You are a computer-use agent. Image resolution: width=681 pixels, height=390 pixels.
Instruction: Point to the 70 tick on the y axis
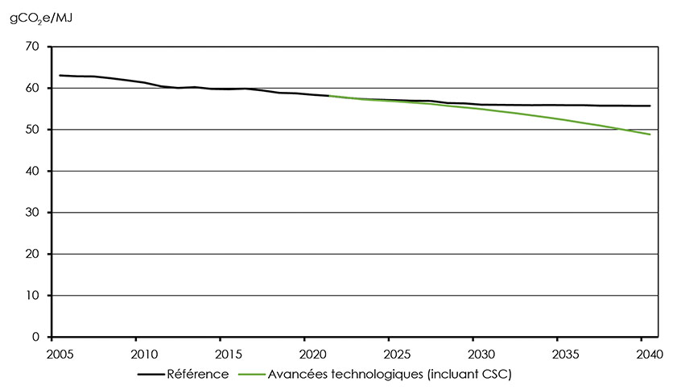[x=32, y=47]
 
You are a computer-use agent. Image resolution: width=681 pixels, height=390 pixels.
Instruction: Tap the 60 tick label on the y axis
[x=32, y=89]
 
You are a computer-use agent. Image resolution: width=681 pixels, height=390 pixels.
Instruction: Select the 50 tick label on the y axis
[x=32, y=130]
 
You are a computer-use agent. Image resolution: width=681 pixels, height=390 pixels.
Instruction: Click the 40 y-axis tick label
[x=32, y=172]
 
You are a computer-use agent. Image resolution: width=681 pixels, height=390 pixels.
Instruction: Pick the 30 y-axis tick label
[x=32, y=213]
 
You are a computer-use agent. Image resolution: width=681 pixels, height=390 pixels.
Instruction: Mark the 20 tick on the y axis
[x=32, y=255]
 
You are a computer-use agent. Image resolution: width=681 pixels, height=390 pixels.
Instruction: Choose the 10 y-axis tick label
[x=32, y=296]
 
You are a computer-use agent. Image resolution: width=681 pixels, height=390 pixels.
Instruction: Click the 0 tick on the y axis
[x=35, y=337]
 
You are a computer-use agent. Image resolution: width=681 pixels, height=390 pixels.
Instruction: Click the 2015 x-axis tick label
[x=228, y=355]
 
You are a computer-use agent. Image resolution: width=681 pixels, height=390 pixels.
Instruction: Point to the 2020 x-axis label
[x=312, y=355]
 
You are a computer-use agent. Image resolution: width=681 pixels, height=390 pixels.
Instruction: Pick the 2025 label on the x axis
[x=396, y=355]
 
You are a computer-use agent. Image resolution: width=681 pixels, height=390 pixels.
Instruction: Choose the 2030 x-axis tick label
[x=480, y=355]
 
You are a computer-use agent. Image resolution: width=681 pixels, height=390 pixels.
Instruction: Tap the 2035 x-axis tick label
[x=564, y=355]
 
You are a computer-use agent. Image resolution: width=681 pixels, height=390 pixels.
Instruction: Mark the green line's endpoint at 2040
[x=650, y=135]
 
